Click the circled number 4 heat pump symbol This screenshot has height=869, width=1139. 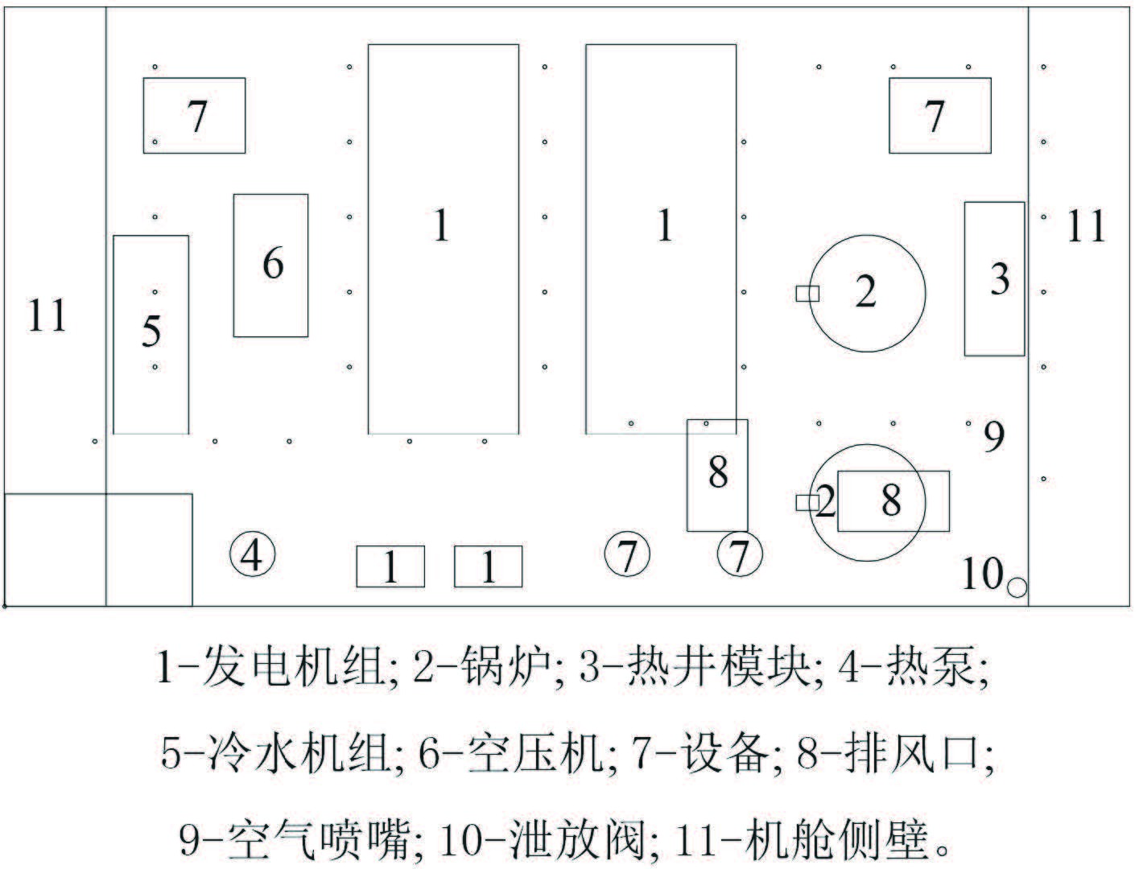click(253, 554)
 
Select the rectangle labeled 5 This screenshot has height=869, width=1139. click(151, 334)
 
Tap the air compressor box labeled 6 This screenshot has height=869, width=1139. click(271, 265)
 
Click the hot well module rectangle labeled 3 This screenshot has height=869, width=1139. click(995, 278)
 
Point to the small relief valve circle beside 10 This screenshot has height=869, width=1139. click(1017, 587)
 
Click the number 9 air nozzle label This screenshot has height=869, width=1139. click(995, 438)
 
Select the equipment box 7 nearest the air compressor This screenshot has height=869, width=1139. click(194, 115)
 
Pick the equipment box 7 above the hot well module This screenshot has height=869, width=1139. click(939, 115)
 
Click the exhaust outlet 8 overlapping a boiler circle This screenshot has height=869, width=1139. click(893, 500)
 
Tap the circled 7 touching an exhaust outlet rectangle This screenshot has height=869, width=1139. click(740, 554)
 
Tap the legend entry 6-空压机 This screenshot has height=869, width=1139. click(512, 754)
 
